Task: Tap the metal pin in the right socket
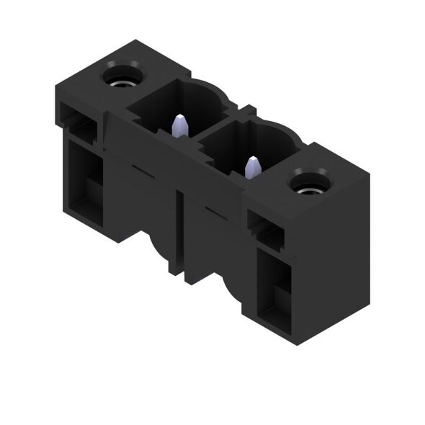(252, 166)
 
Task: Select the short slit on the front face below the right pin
(216, 210)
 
